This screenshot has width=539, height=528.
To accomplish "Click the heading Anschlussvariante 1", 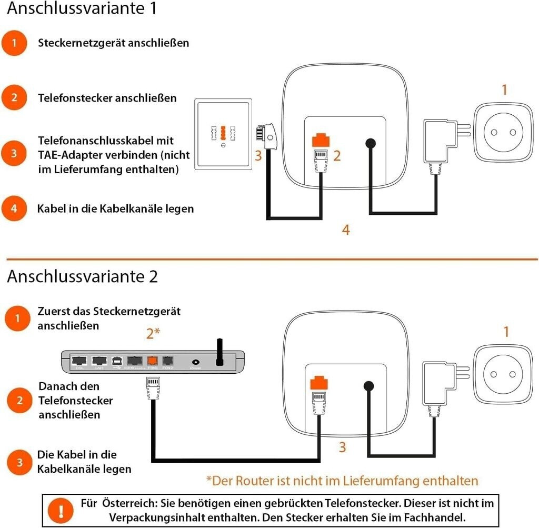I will point(82,9).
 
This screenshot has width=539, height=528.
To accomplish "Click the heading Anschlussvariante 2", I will point(82,276).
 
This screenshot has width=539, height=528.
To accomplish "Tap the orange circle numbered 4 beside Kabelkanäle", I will point(14,209).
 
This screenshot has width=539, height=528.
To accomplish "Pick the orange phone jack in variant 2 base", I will point(320,383).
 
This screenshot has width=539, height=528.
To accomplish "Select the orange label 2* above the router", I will point(153,333).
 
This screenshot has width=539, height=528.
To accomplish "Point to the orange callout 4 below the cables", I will point(345,230).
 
